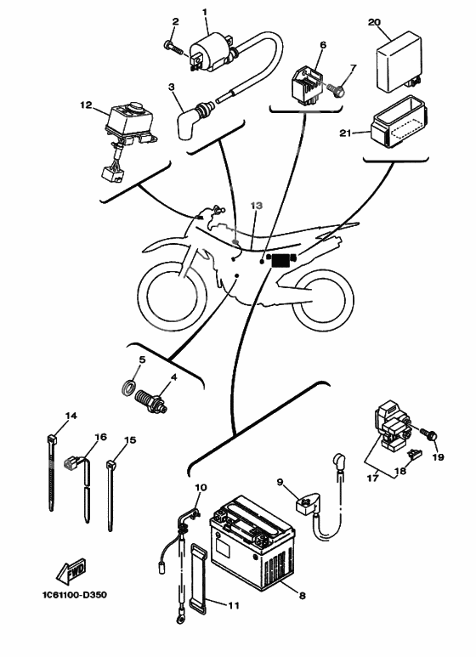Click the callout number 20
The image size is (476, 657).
[x=374, y=22]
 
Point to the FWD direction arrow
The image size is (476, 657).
[x=71, y=570]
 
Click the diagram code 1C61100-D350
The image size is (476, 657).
[x=75, y=595]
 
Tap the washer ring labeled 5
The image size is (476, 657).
[x=128, y=387]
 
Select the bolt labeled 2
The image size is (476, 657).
[x=173, y=48]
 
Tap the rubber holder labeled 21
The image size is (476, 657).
[x=399, y=122]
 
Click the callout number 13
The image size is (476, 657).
[x=257, y=206]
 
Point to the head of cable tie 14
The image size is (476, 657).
[x=51, y=440]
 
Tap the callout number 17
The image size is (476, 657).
[x=372, y=478]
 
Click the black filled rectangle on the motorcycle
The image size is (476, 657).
[x=280, y=261]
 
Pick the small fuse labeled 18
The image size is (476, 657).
[x=415, y=454]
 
